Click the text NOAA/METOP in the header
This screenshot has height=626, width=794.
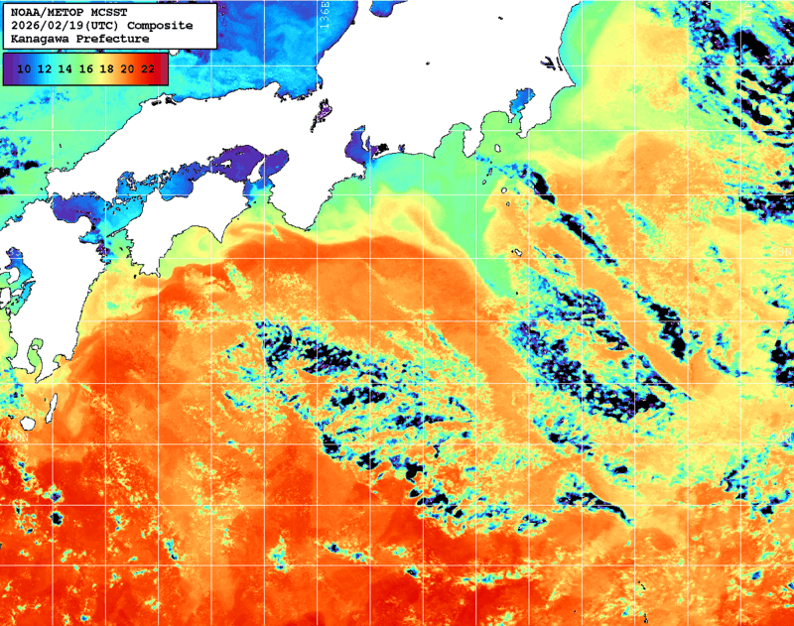point(46,12)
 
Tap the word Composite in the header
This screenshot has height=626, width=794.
point(161,25)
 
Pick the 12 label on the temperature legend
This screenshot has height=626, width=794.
point(45,68)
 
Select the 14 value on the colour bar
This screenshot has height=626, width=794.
point(66,68)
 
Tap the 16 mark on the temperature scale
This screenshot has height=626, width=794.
point(86,68)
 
